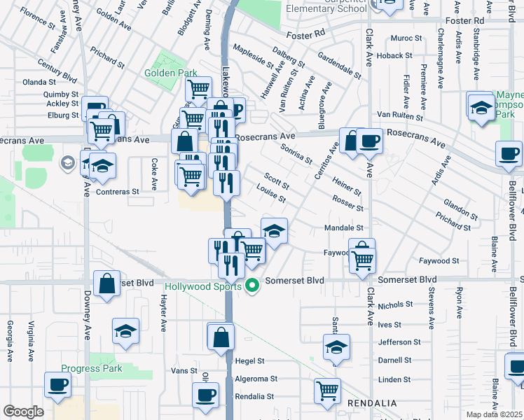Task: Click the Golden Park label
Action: [171, 73]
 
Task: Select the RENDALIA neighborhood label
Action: [373, 404]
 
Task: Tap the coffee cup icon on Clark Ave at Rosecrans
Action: [369, 141]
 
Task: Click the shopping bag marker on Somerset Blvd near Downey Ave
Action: [106, 284]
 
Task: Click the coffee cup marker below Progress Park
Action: [58, 385]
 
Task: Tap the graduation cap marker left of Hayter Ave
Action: [125, 332]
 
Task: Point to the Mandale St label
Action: [344, 228]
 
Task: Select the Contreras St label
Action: [118, 191]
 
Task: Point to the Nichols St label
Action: [396, 305]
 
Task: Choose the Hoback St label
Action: [394, 55]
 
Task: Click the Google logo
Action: [23, 412]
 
